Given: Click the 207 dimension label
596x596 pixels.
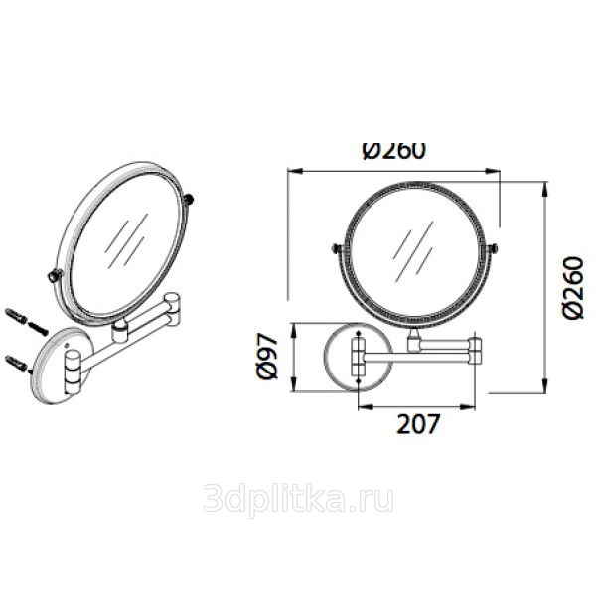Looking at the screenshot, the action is pyautogui.click(x=418, y=423).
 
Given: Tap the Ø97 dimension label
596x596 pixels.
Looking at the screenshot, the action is pyautogui.click(x=267, y=357).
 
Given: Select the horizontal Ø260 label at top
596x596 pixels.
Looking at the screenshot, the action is pyautogui.click(x=393, y=151).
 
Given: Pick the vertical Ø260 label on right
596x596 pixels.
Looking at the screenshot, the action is pyautogui.click(x=572, y=288).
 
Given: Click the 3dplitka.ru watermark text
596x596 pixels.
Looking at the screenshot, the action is pyautogui.click(x=298, y=499).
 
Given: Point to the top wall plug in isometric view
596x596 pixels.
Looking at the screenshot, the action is pyautogui.click(x=16, y=316).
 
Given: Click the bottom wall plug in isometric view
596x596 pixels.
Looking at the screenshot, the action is pyautogui.click(x=16, y=363).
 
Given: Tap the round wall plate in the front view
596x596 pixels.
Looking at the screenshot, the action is pyautogui.click(x=358, y=357).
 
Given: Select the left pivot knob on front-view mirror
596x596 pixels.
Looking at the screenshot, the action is pyautogui.click(x=336, y=248).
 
